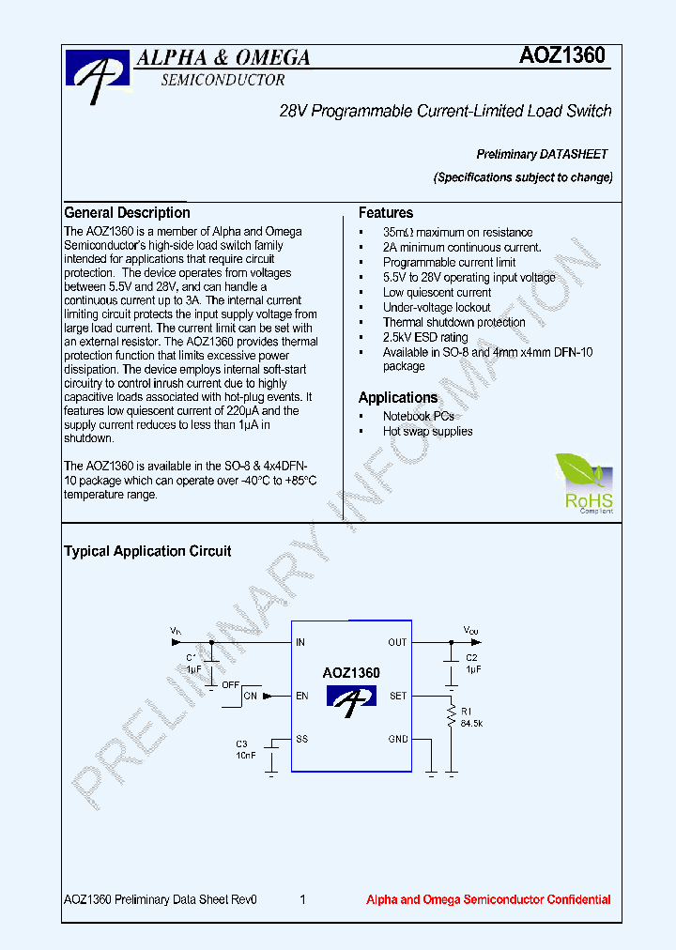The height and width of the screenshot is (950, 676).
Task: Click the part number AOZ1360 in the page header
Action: coord(562,56)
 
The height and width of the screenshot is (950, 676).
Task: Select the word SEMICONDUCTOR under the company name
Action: coord(223,81)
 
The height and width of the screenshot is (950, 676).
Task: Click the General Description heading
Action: coord(127,213)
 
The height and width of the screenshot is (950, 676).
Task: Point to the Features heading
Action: coord(386,213)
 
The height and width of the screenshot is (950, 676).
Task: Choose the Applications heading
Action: coord(398,398)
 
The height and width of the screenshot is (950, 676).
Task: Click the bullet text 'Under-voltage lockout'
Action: coord(437,307)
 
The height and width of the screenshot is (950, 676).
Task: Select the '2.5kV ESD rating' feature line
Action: coord(424,337)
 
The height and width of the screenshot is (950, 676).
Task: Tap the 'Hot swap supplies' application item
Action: coord(427,431)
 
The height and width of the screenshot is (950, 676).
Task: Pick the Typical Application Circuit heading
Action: coord(147,551)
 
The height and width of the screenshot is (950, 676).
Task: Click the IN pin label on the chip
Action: coord(300,643)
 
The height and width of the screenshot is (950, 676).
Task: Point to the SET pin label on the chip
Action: coord(398,696)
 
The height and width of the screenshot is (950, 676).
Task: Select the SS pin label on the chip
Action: coord(301,739)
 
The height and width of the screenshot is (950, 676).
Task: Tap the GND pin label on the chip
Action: coord(398,739)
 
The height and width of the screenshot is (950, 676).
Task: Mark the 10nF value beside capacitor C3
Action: coord(245,755)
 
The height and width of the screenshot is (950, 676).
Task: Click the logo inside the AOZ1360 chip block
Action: coord(350,698)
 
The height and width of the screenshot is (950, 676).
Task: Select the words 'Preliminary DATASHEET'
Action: coord(542,154)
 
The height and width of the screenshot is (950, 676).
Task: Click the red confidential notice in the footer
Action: coord(487,899)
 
